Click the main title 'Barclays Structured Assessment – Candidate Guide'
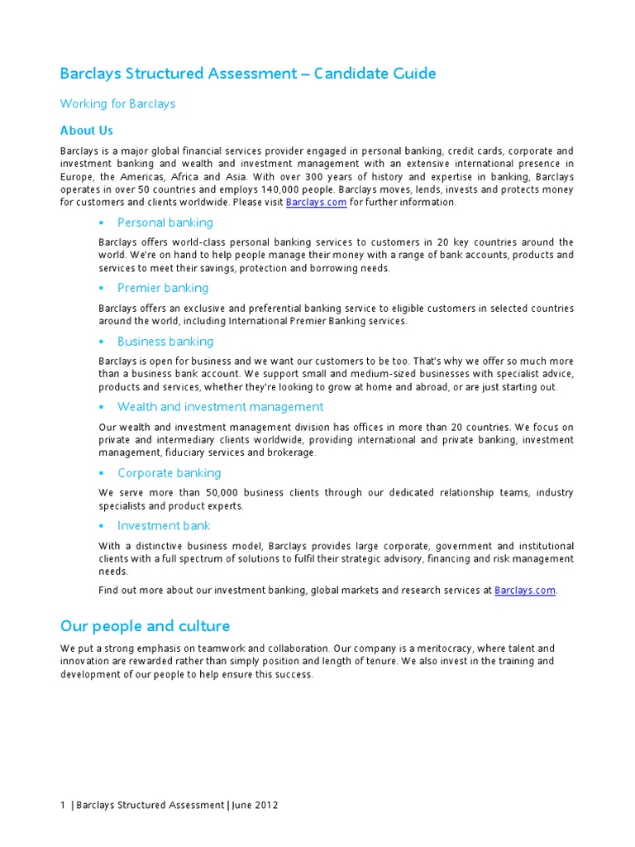[x=248, y=74]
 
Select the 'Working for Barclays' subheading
[x=117, y=104]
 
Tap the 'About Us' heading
[x=86, y=131]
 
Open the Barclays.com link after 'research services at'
[x=525, y=591]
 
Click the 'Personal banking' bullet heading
[x=165, y=223]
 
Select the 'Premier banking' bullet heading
[x=163, y=288]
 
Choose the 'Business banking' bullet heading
[x=165, y=342]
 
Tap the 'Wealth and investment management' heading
[x=220, y=407]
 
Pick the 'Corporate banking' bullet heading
[x=169, y=473]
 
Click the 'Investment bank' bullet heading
[x=164, y=526]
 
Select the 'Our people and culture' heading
[x=145, y=626]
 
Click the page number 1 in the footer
[x=63, y=806]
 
